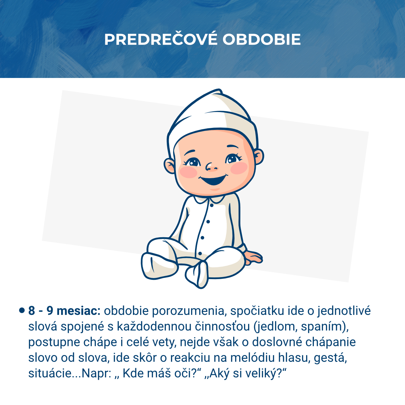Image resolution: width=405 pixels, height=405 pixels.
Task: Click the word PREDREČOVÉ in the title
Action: click(161, 39)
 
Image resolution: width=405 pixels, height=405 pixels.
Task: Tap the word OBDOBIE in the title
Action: click(261, 39)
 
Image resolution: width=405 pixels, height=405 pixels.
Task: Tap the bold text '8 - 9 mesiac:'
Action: click(64, 310)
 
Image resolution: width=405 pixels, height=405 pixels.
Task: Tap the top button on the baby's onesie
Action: click(212, 205)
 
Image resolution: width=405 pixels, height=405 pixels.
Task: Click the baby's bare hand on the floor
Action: click(253, 256)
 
